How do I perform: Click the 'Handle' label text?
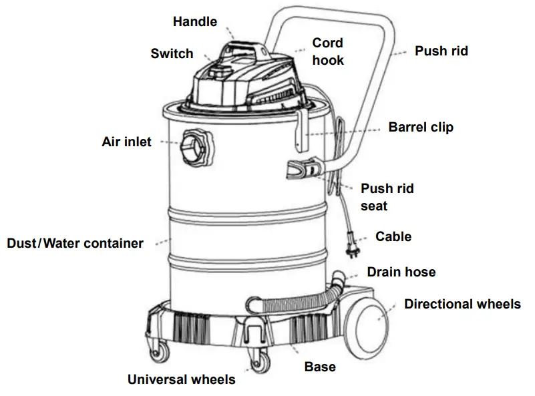[x=195, y=21]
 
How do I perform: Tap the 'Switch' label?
[x=172, y=53]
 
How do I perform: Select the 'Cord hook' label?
[x=328, y=51]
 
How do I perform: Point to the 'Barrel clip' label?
[x=421, y=126]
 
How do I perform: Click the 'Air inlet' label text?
[x=126, y=142]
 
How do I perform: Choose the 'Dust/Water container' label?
[x=75, y=243]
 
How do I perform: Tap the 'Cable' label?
[x=393, y=236]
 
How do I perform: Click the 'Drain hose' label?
[x=401, y=272]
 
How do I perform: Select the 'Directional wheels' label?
[x=462, y=304]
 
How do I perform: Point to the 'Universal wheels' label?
[x=182, y=380]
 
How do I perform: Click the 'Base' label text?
[x=320, y=367]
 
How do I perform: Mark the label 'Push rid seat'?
[x=387, y=197]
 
